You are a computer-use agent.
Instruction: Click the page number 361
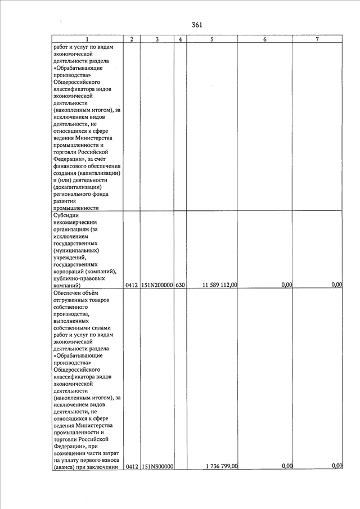196,25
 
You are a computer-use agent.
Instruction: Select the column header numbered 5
211,39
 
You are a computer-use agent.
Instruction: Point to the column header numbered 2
131,39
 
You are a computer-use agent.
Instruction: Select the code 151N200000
157,285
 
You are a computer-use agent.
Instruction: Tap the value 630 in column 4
179,285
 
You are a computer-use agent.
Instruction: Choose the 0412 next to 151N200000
132,285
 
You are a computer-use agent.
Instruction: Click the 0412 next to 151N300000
132,466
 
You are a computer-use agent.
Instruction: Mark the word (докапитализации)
77,187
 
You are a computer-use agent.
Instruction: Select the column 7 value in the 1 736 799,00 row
337,466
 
